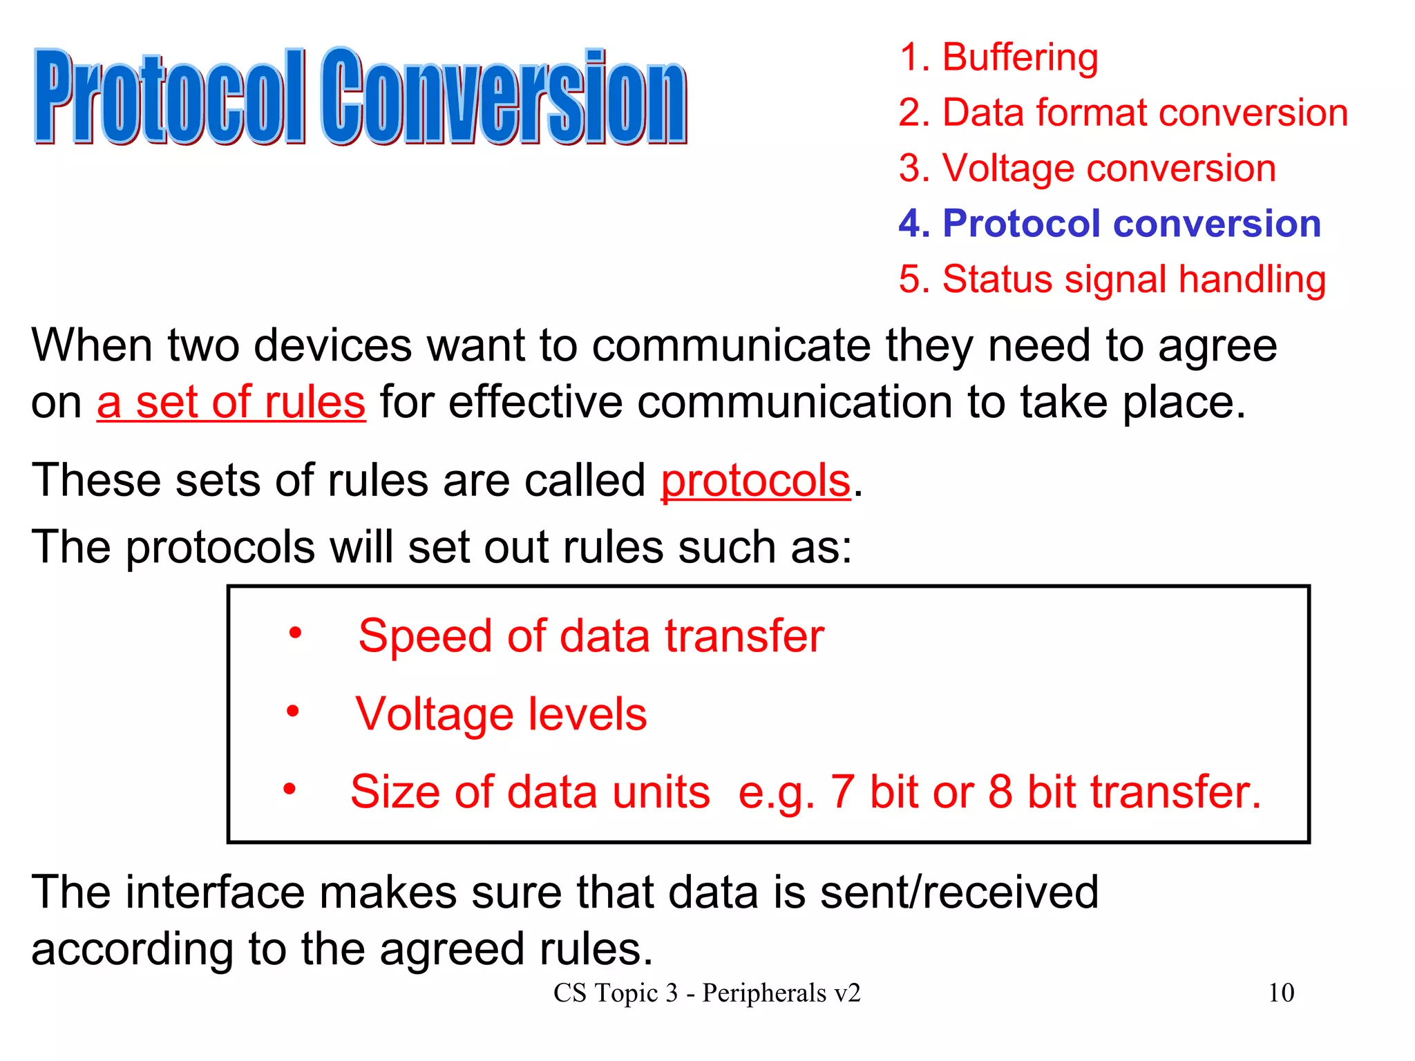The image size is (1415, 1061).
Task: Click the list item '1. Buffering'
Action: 998,57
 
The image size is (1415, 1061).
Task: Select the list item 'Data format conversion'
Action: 1123,113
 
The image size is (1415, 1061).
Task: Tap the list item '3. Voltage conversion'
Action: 1087,169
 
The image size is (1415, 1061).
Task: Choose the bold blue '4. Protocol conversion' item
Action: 1110,224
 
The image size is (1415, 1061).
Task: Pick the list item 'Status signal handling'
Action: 1112,279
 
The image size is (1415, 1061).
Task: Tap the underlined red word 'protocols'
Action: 755,481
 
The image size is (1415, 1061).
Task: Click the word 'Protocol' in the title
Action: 169,97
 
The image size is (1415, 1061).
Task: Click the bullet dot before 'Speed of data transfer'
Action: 295,633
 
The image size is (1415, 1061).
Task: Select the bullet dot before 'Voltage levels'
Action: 293,711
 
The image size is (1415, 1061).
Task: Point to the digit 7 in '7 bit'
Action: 842,792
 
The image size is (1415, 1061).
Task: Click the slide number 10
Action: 1281,993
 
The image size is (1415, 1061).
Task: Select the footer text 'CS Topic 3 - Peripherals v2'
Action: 707,993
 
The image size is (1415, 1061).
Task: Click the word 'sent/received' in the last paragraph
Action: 959,892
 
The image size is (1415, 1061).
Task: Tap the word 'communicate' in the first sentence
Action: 732,345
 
